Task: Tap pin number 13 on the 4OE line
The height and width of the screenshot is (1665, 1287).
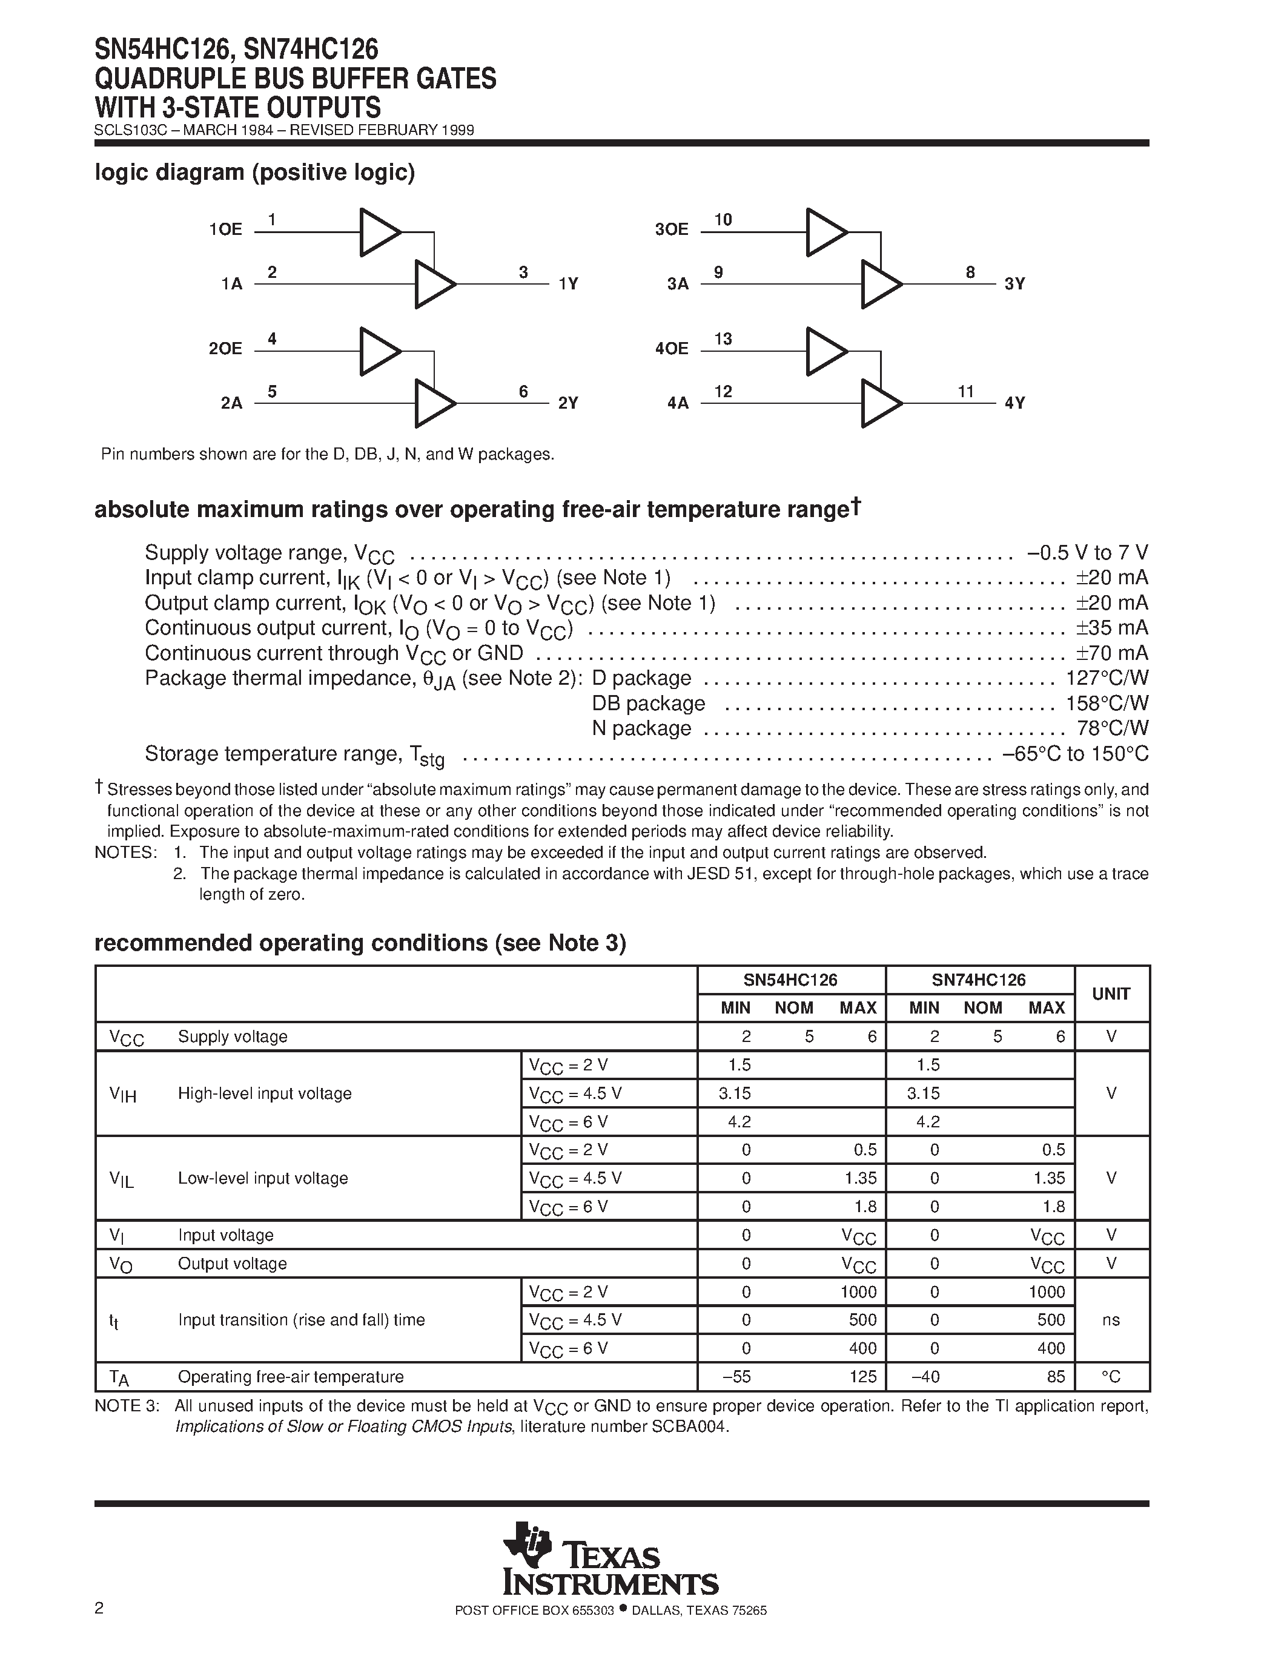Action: (723, 339)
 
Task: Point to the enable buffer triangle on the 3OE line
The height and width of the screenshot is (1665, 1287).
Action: (825, 232)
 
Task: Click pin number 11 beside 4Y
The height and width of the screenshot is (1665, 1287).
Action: (966, 392)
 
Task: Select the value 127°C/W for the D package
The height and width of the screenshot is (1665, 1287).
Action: (1107, 678)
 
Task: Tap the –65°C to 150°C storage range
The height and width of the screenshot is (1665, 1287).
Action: (1075, 754)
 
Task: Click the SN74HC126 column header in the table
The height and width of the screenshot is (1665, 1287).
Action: (979, 980)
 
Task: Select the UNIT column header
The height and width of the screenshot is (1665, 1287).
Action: (1111, 994)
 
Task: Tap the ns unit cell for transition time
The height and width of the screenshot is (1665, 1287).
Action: (1111, 1320)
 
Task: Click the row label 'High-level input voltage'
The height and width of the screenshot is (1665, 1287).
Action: (265, 1093)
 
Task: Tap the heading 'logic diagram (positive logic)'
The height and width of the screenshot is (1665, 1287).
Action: (254, 173)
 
